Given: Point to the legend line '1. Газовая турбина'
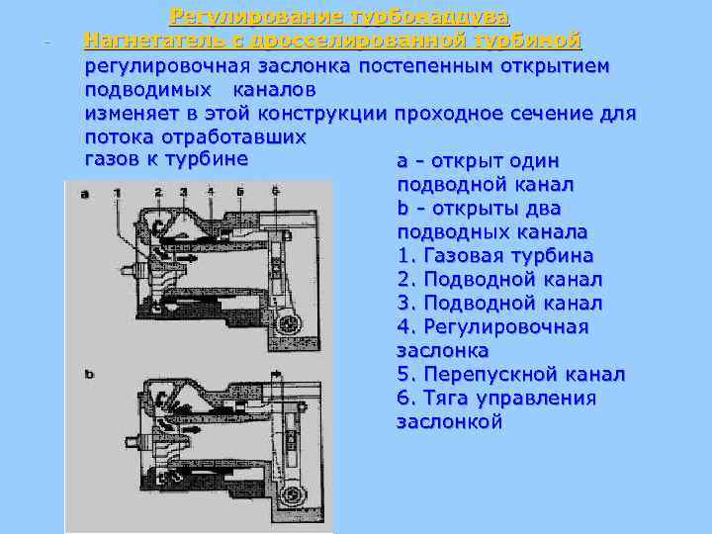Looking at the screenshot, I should [x=494, y=255].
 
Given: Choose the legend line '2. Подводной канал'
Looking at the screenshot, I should [x=499, y=279].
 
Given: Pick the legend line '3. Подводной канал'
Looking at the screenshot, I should [x=499, y=303].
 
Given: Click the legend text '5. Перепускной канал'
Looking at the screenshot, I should [x=510, y=375].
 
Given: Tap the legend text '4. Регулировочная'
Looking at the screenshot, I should [x=492, y=326].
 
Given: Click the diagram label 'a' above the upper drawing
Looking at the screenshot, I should [x=84, y=194].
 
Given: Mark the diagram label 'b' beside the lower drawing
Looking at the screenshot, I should [x=89, y=374].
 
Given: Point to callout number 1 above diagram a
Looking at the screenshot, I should [x=117, y=191].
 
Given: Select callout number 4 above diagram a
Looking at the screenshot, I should [x=211, y=191].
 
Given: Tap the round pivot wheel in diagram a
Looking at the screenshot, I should [x=290, y=323].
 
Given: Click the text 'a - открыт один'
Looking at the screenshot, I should [x=478, y=160].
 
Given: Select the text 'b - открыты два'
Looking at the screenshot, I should [x=479, y=208].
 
